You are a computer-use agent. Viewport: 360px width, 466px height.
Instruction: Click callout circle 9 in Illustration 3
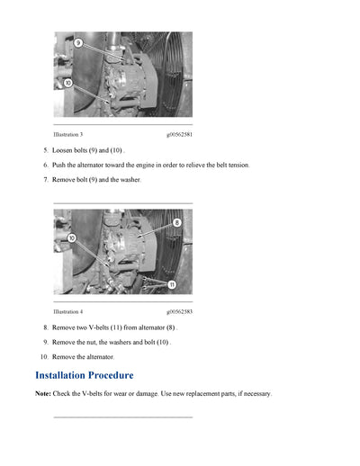(x=77, y=42)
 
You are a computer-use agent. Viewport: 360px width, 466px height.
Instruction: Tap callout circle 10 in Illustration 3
(x=68, y=83)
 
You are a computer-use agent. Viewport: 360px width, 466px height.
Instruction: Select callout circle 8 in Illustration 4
(x=176, y=222)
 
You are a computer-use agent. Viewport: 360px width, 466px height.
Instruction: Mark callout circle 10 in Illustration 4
(x=71, y=238)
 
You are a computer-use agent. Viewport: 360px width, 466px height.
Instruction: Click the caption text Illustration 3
(x=68, y=134)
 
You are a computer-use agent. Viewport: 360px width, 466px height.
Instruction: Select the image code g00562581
(x=179, y=134)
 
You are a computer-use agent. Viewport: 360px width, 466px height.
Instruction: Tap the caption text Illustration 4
(x=68, y=311)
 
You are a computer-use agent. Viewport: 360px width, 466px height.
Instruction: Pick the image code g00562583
(x=179, y=311)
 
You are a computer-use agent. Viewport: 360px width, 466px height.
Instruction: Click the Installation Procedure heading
(x=84, y=375)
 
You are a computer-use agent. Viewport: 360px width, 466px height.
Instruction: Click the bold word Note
(x=42, y=394)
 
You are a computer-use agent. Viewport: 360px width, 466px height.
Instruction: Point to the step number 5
(x=45, y=150)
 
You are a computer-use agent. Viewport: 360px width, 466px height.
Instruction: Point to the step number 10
(x=42, y=357)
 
